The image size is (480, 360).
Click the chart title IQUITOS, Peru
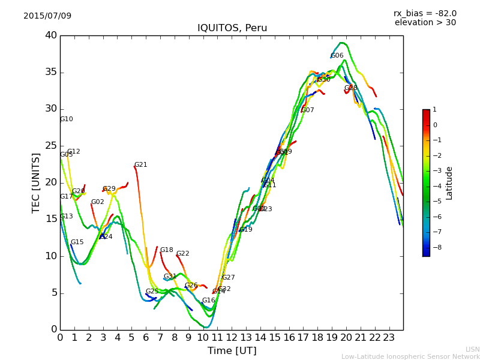(x=232, y=28)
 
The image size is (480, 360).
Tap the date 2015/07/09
(x=47, y=16)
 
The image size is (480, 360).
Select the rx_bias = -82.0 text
(x=425, y=13)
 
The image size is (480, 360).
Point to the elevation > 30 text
(x=425, y=23)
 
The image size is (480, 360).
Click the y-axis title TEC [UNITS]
(x=36, y=182)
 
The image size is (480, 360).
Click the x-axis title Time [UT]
(x=232, y=350)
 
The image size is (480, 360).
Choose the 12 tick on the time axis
(x=232, y=337)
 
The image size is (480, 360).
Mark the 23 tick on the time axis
(x=389, y=337)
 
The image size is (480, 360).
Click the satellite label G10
(x=66, y=119)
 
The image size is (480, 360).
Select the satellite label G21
(x=140, y=165)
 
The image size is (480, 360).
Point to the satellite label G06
(x=337, y=56)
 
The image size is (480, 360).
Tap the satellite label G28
(x=350, y=88)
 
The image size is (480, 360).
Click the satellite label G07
(x=308, y=110)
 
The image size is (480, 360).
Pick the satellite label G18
(x=166, y=250)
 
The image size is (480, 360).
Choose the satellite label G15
(x=77, y=242)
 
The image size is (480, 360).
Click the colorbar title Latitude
(x=449, y=182)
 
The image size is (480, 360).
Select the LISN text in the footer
(x=472, y=349)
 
